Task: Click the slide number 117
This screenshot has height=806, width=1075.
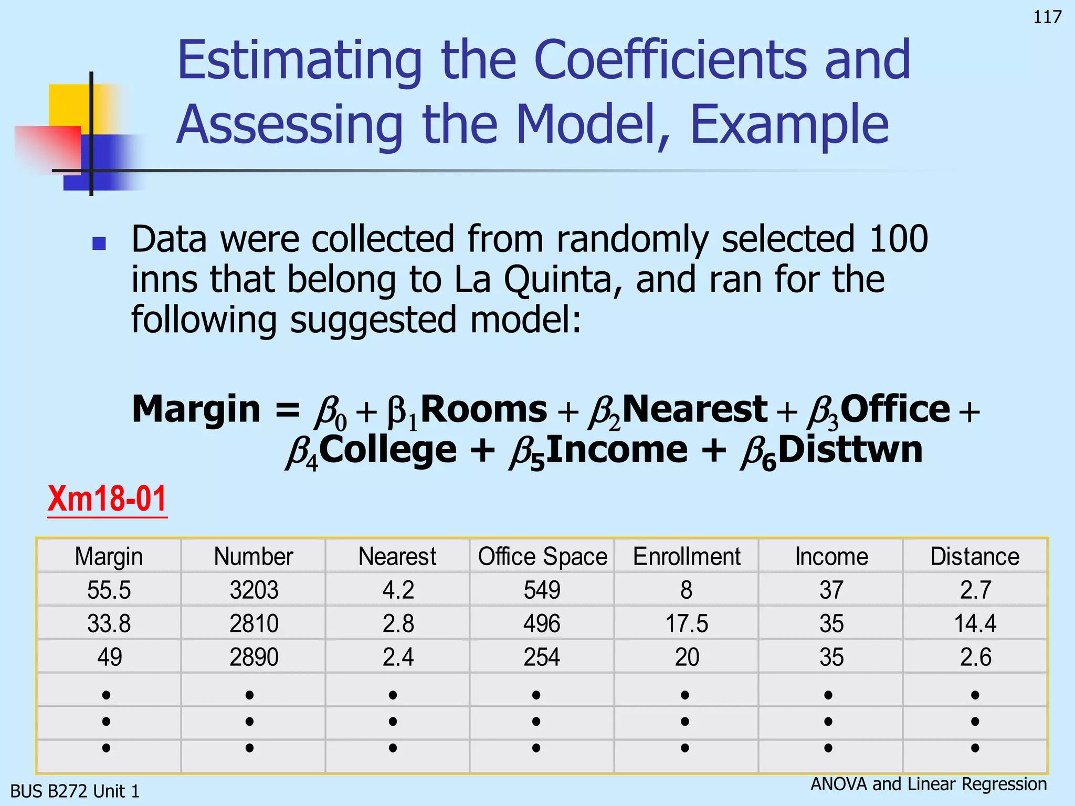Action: pyautogui.click(x=1047, y=17)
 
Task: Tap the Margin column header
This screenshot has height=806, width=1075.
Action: pyautogui.click(x=109, y=556)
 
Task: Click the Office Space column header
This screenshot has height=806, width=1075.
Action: pyautogui.click(x=542, y=556)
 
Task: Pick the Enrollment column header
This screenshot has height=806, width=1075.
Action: pyautogui.click(x=687, y=556)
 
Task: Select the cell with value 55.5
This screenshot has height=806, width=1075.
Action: pyautogui.click(x=109, y=590)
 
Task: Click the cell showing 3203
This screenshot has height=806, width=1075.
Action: pyautogui.click(x=254, y=590)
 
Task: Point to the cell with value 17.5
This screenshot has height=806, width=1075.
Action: pyautogui.click(x=687, y=623)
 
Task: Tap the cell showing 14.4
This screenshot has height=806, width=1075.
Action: pyautogui.click(x=975, y=623)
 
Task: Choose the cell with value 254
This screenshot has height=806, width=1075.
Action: pyautogui.click(x=542, y=657)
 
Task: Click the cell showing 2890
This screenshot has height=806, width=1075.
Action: pyautogui.click(x=254, y=657)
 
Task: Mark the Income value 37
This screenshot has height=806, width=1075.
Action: pyautogui.click(x=831, y=590)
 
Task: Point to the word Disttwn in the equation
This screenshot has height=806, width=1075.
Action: pyautogui.click(x=850, y=450)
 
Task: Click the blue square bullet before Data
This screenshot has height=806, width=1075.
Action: pyautogui.click(x=99, y=243)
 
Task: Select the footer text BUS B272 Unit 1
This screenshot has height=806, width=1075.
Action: pyautogui.click(x=75, y=791)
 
